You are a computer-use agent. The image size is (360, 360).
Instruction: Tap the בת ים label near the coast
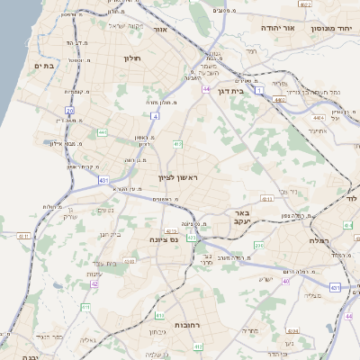point(44,65)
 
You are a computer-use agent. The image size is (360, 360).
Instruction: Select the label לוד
point(352,197)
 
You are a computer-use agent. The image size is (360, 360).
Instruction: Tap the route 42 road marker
point(94,284)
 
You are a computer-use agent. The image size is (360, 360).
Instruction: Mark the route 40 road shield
point(285,282)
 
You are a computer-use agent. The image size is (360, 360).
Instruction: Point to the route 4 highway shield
point(156,116)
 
